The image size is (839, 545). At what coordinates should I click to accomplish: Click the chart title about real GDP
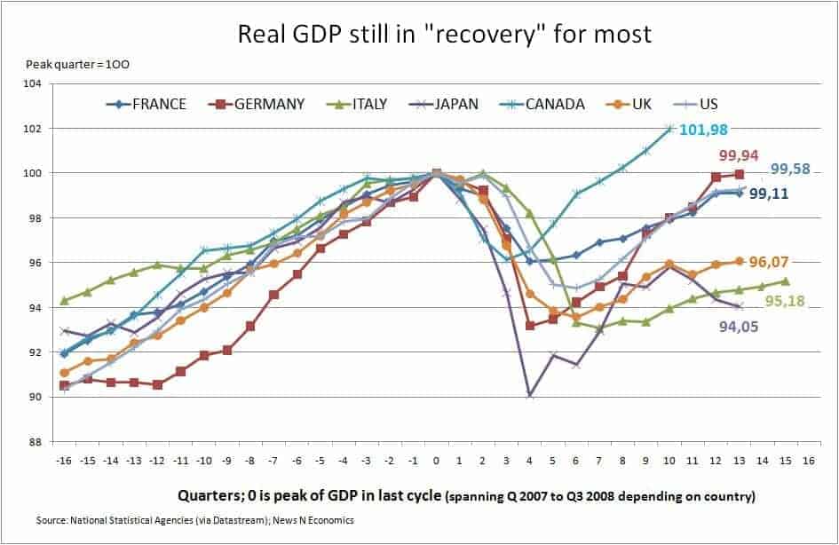click(x=445, y=35)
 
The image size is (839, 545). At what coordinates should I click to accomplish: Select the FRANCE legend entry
click(x=146, y=104)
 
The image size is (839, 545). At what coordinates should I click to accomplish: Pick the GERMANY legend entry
click(x=257, y=104)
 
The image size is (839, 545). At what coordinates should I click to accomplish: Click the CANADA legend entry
click(x=541, y=104)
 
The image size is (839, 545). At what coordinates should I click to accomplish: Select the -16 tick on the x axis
click(x=64, y=462)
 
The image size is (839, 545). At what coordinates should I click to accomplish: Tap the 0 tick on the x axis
click(x=436, y=462)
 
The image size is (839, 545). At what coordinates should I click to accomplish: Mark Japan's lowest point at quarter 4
click(x=529, y=394)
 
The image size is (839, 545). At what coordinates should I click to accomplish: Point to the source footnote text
click(x=195, y=520)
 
